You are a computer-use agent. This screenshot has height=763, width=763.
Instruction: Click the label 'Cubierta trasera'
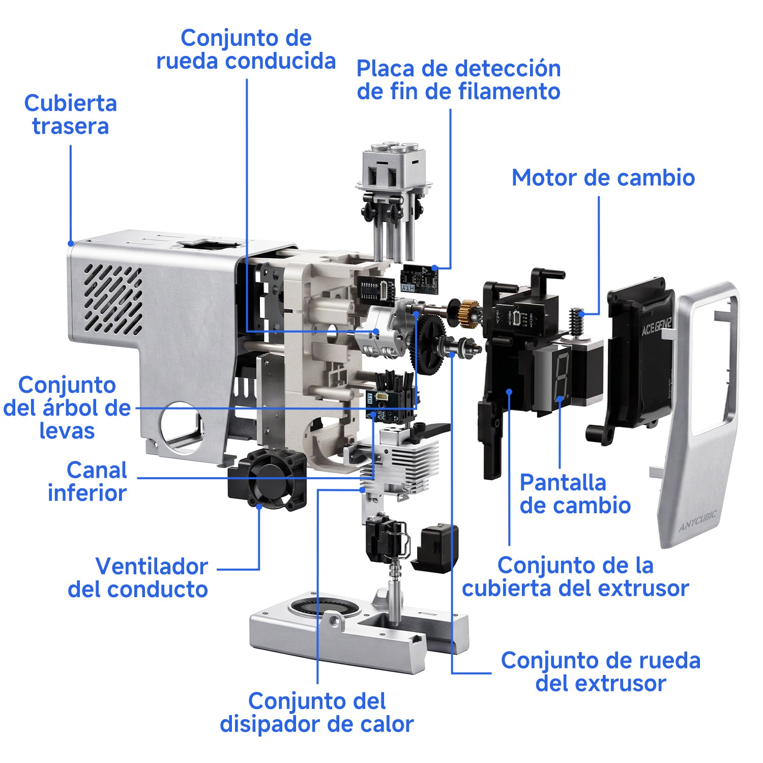point(71,115)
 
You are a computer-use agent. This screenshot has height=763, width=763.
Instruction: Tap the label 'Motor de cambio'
point(603,178)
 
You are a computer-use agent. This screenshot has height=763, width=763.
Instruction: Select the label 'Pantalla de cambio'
point(575,494)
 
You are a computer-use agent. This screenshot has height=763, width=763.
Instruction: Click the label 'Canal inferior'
point(87,482)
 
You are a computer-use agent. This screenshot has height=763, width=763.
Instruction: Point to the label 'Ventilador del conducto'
point(138,578)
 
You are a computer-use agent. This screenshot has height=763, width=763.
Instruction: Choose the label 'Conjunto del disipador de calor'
point(316,713)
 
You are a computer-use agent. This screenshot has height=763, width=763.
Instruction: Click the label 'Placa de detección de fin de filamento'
point(458,80)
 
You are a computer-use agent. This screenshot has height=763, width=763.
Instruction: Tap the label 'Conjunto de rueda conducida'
point(246,49)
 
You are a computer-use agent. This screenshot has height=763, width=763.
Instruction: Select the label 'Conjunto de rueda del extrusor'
point(601,672)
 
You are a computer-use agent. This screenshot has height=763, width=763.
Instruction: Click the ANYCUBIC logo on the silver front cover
point(697,521)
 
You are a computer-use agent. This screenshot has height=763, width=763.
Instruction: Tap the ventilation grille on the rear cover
point(113,300)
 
